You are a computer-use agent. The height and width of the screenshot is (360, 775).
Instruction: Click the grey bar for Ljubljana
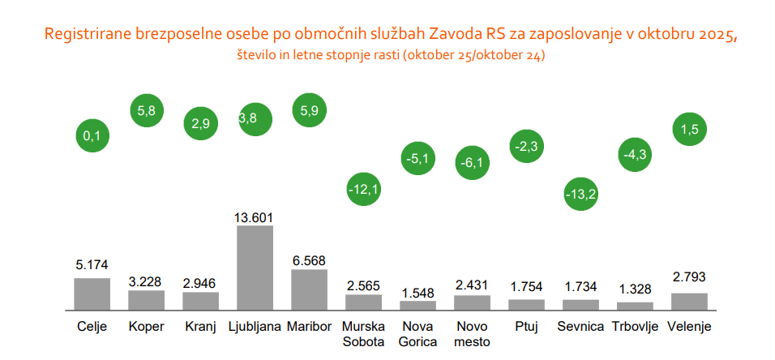pyautogui.click(x=255, y=268)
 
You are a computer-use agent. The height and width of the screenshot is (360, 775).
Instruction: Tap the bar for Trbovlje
pyautogui.click(x=635, y=306)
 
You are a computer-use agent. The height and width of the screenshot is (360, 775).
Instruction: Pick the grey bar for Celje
pyautogui.click(x=92, y=294)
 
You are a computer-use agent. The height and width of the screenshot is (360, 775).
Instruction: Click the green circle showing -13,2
pyautogui.click(x=581, y=193)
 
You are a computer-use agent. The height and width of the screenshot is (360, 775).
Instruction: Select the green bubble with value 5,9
pyautogui.click(x=309, y=114)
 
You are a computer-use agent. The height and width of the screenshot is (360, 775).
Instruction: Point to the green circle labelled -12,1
pyautogui.click(x=364, y=191)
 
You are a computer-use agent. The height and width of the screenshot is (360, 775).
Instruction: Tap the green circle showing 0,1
pyautogui.click(x=92, y=136)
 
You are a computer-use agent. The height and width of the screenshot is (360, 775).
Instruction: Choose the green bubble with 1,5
pyautogui.click(x=690, y=130)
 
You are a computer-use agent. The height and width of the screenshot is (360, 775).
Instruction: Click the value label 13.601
pyautogui.click(x=255, y=216)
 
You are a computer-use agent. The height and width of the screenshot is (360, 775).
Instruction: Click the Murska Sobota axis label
pyautogui.click(x=363, y=334)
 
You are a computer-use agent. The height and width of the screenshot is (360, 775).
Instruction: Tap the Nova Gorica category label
pyautogui.click(x=417, y=334)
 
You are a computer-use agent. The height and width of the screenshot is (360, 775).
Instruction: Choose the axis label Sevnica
pyautogui.click(x=581, y=327)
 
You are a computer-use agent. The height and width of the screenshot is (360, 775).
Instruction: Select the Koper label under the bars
pyautogui.click(x=146, y=327)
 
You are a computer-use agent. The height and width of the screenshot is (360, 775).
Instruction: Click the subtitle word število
pyautogui.click(x=257, y=56)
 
